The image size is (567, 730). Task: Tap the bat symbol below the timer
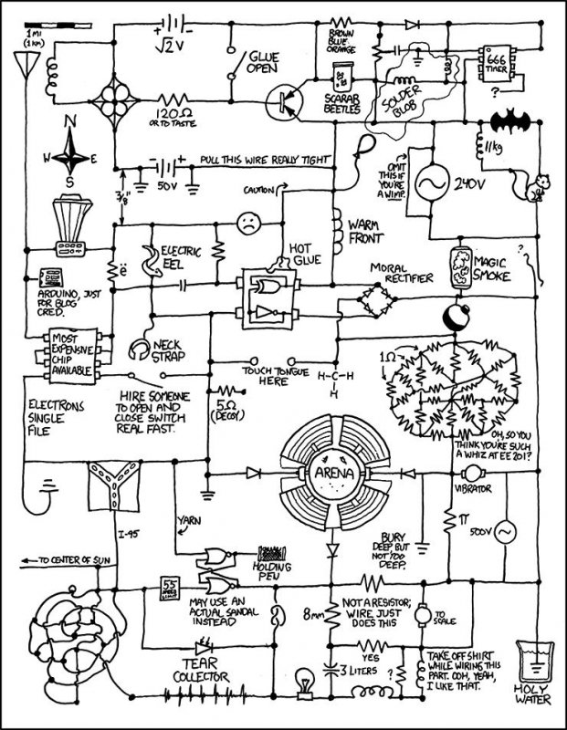click(509, 122)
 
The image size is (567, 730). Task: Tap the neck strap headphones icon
click(139, 349)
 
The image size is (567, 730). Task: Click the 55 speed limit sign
click(169, 586)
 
